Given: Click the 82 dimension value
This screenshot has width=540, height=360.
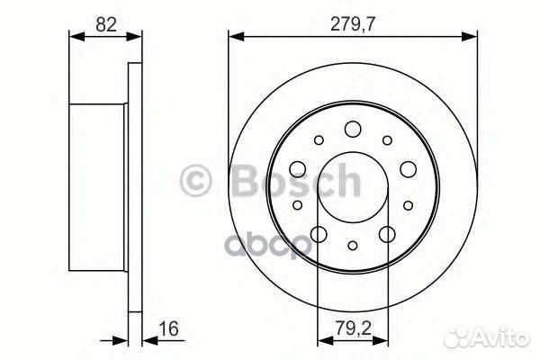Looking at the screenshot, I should coord(105,24).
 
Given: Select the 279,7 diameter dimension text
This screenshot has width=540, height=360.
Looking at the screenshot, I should coord(352,24).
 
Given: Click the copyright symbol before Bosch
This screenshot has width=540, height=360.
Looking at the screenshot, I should coord(196,182).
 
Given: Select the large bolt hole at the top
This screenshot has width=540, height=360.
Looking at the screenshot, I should coord(353,127).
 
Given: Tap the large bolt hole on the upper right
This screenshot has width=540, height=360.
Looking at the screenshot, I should coord(408,167).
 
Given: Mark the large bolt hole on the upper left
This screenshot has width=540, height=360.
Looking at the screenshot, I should coord(297,167).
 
